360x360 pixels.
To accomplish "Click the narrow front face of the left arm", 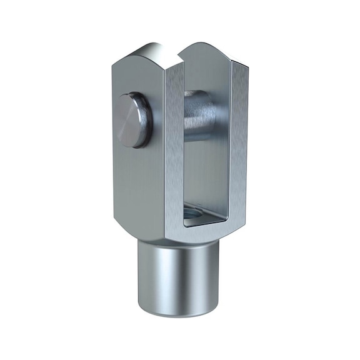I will click(174, 150).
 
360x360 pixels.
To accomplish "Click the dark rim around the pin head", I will click(144, 125).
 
